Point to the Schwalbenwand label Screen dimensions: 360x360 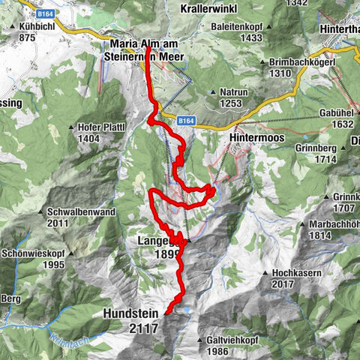pos(76,211)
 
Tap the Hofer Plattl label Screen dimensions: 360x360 pos(103,127)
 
